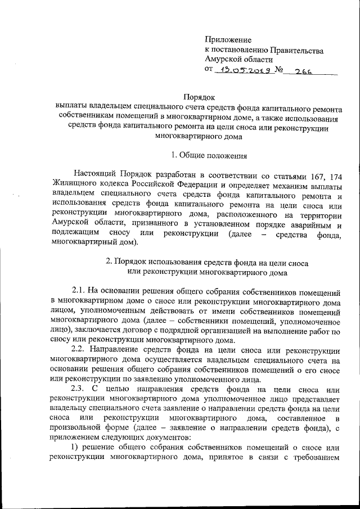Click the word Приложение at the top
tap(228, 40)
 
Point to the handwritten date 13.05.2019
tap(244, 71)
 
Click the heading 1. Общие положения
tap(208, 154)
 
